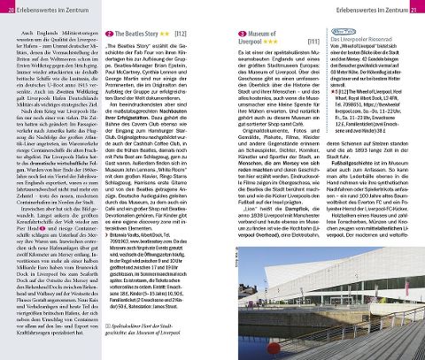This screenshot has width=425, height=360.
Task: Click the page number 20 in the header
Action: point(8,8)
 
